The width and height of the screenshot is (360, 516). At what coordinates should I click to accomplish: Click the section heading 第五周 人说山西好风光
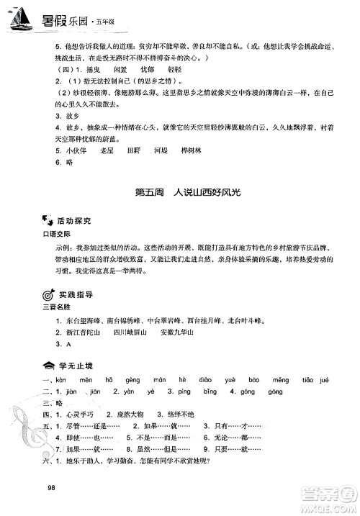(180, 193)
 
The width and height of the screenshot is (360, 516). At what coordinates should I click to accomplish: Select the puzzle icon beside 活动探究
(48, 219)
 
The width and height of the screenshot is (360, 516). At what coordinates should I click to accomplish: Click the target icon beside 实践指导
(48, 295)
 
